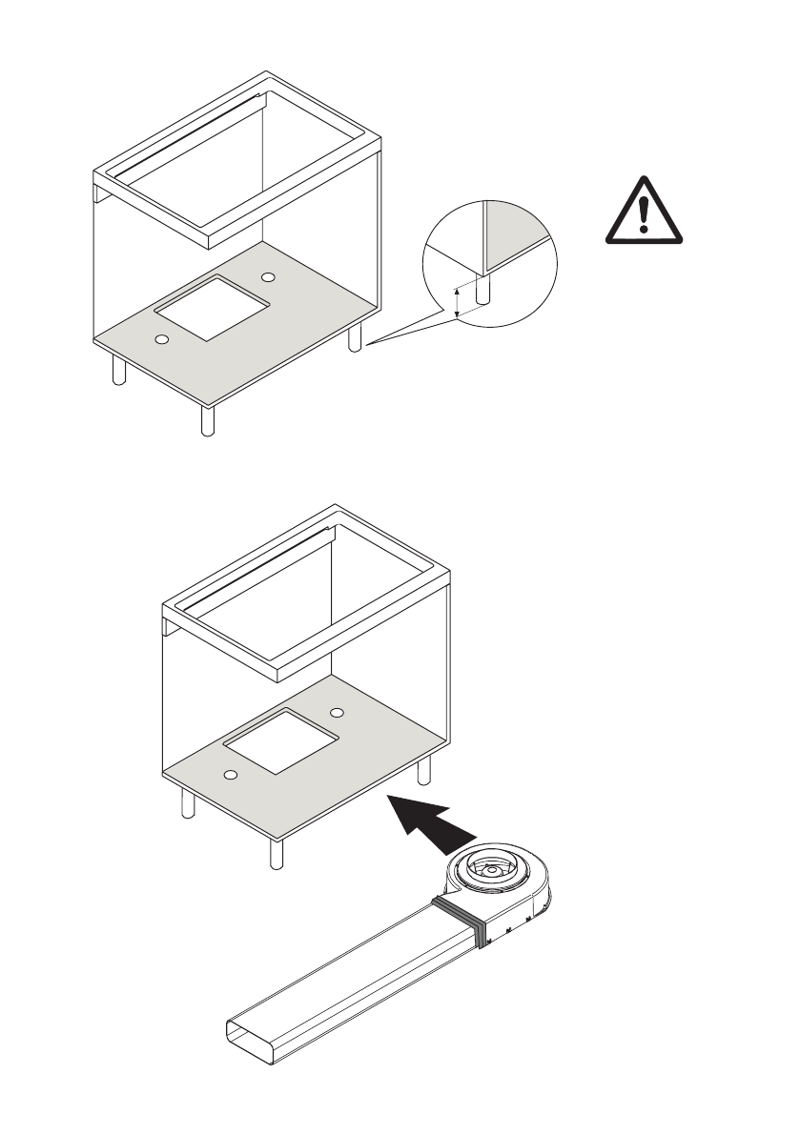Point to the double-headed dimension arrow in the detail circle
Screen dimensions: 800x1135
point(457,302)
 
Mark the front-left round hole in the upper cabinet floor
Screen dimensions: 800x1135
point(161,339)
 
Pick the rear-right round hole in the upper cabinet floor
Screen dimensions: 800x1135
point(268,276)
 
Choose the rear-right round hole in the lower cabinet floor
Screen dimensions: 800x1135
point(337,712)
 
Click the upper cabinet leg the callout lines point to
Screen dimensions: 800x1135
point(355,337)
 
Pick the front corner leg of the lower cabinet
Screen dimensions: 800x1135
point(277,853)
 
